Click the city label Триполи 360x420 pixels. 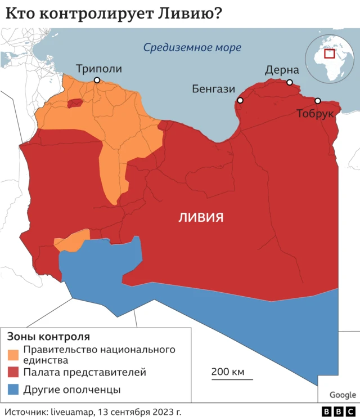point(98,69)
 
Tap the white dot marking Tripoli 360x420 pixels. point(97,80)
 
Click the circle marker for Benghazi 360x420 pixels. point(240,101)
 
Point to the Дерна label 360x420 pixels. point(282,70)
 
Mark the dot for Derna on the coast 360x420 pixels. point(290,82)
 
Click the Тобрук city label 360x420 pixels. point(315,114)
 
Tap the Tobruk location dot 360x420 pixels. point(317,101)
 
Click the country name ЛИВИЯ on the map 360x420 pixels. point(201,217)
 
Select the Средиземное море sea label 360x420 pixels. point(192,48)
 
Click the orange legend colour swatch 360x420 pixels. point(13,354)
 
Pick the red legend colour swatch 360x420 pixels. point(13,372)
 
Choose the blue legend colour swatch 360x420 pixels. point(13,389)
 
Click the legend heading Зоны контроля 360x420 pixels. point(48,337)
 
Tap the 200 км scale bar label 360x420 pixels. point(228,372)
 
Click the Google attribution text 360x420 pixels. point(343,395)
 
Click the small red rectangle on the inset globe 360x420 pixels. point(329,54)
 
